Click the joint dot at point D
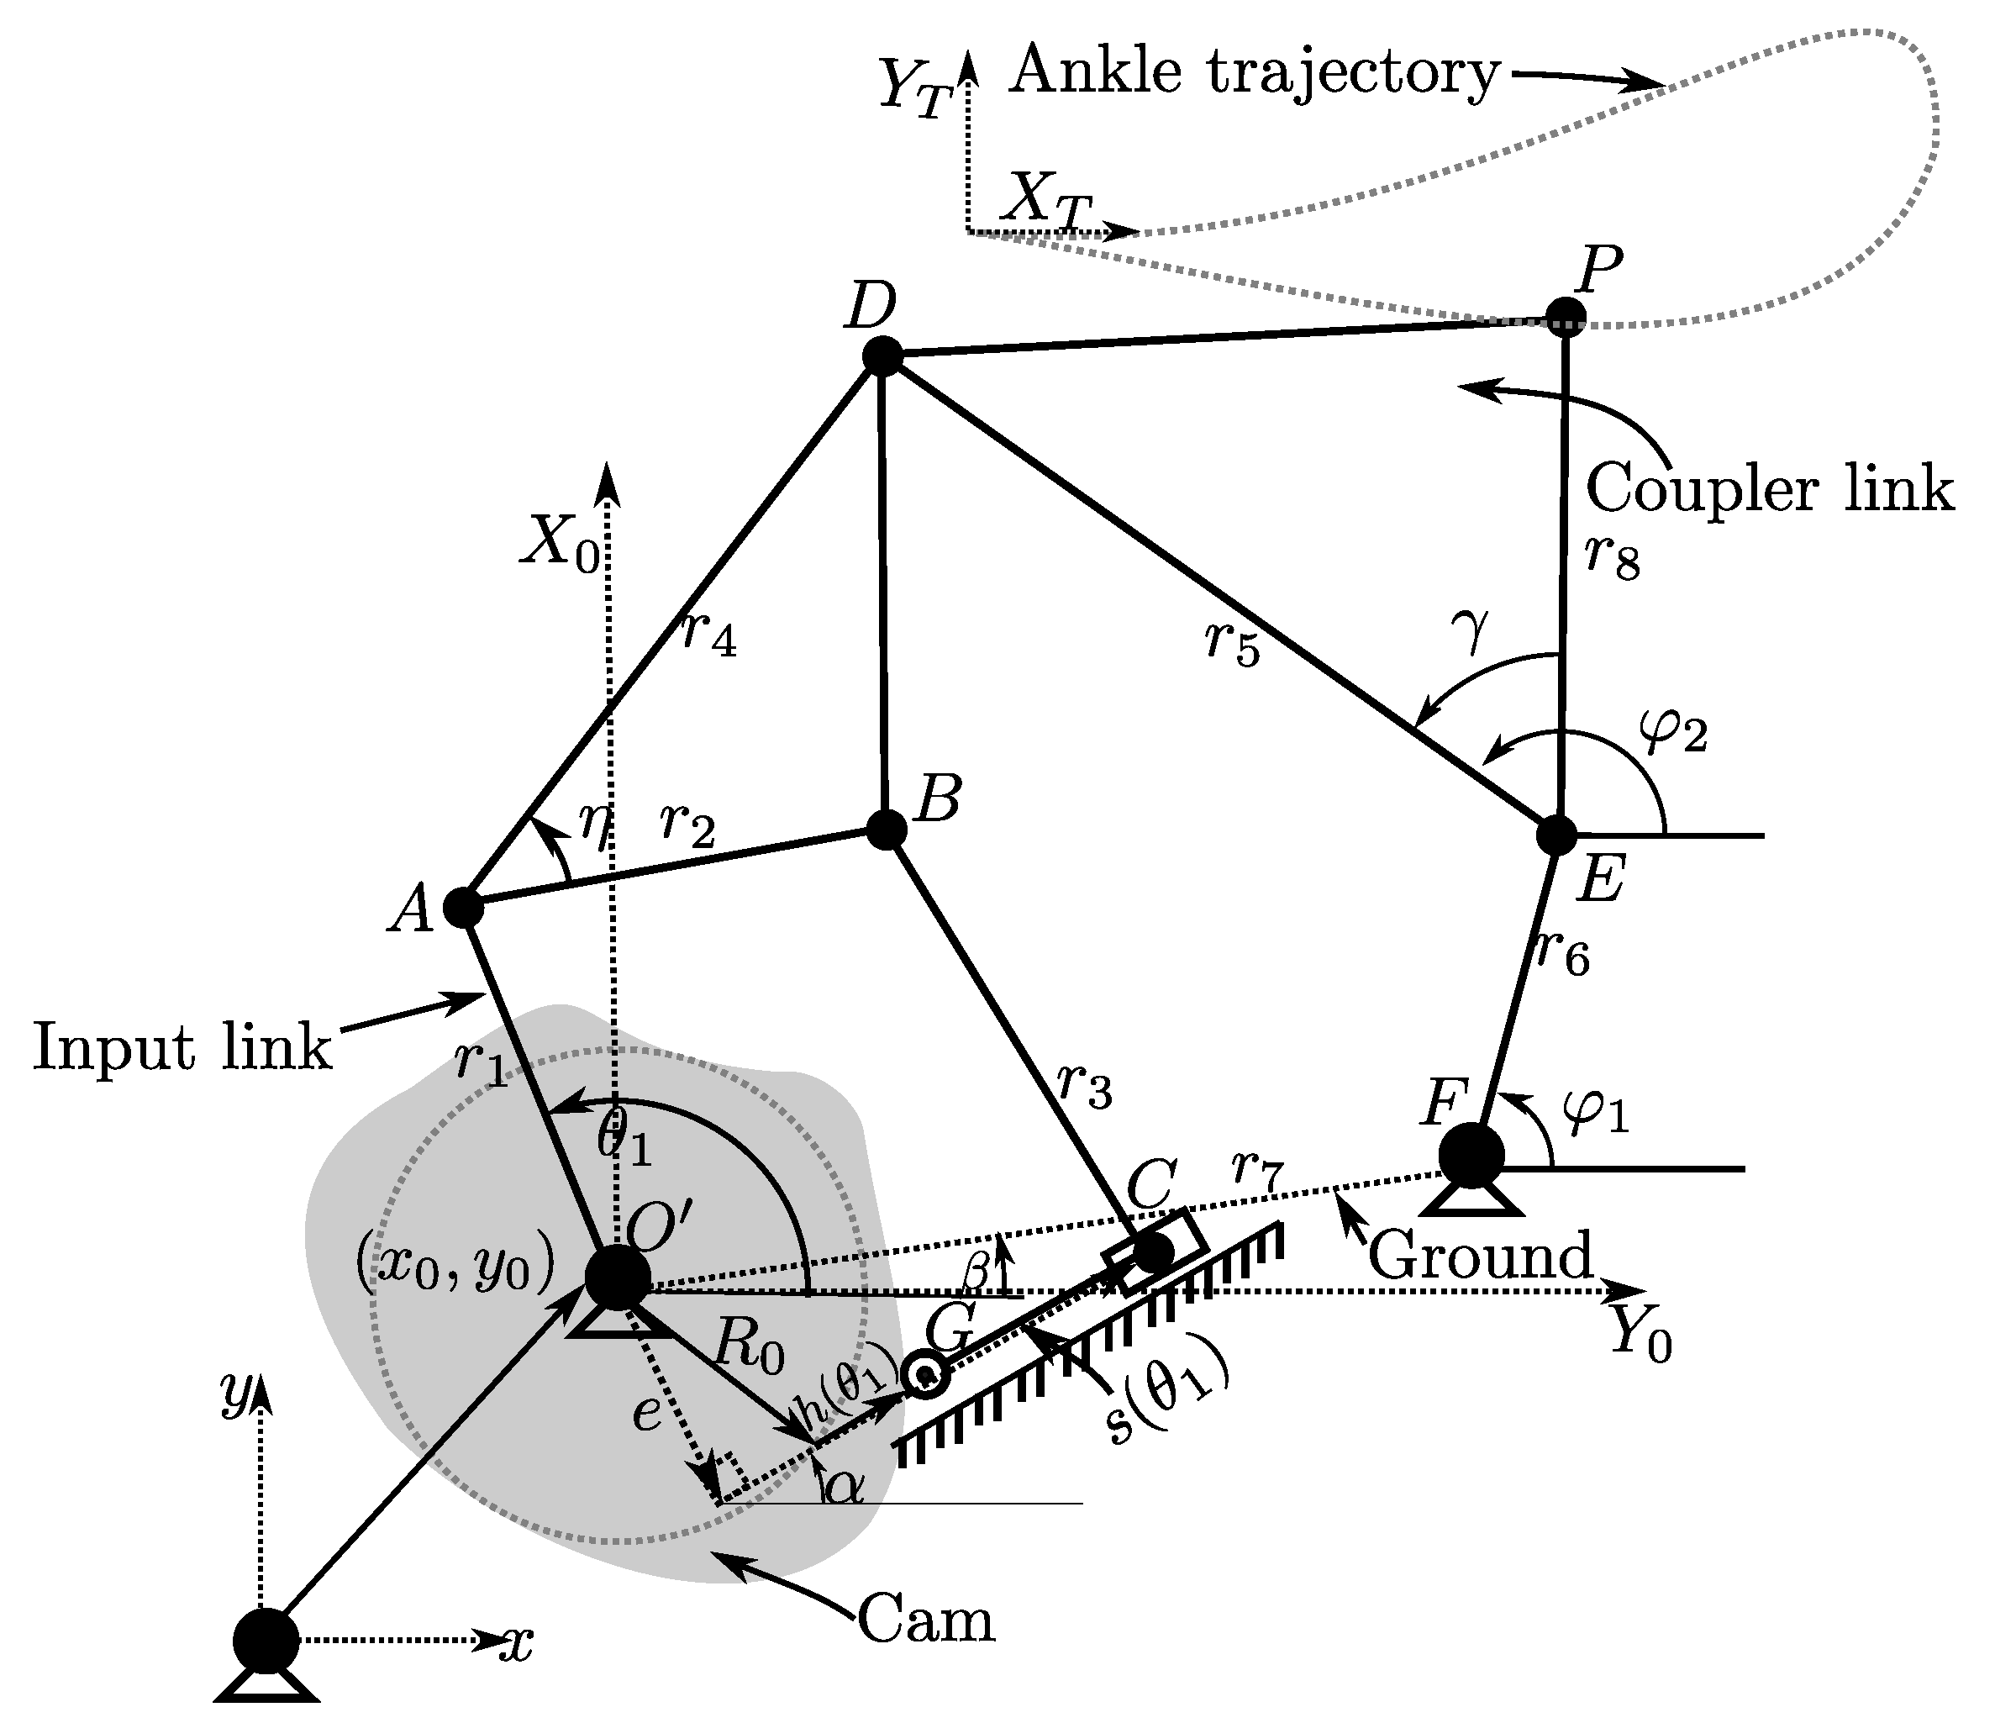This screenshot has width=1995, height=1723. (x=881, y=356)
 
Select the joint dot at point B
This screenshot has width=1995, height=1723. (x=886, y=830)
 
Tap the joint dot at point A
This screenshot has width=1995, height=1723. (x=462, y=906)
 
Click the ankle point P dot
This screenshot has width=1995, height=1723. (x=1566, y=317)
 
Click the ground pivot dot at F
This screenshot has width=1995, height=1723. (x=1471, y=1154)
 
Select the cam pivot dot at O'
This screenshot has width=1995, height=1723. (x=617, y=1278)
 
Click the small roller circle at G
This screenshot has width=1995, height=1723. (x=926, y=1374)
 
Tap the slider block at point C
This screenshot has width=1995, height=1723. (x=1152, y=1252)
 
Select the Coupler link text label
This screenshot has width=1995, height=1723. (x=1769, y=489)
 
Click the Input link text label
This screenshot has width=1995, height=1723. (x=182, y=1048)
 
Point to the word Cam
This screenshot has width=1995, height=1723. (x=925, y=1620)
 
